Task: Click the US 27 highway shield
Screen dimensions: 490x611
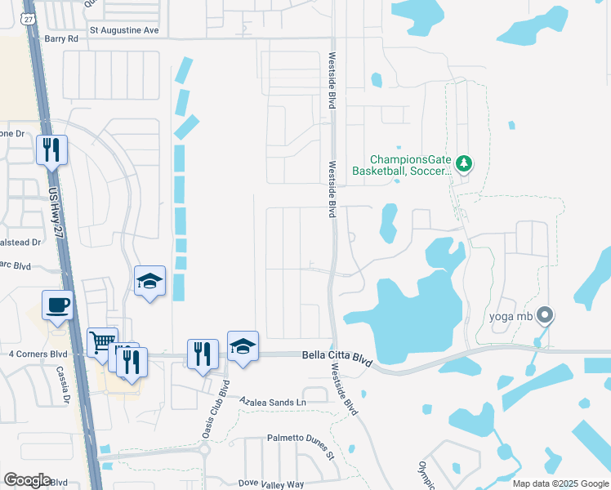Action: pos(29,19)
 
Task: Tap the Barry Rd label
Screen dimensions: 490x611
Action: pos(61,38)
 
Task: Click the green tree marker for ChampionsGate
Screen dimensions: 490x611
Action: pos(464,163)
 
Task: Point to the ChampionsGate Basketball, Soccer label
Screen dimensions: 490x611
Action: pos(401,166)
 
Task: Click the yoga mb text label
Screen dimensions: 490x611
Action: pos(511,316)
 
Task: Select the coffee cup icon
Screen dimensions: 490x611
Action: pos(57,305)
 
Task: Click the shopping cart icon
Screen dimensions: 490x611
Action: pos(102,342)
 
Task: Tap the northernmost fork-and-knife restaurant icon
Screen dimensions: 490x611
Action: pos(51,149)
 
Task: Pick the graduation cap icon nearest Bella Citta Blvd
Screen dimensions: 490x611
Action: pos(243,346)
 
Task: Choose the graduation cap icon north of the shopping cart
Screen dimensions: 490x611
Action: pos(149,281)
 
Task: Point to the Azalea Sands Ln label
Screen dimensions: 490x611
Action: pos(272,402)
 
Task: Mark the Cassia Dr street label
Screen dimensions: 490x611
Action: pos(64,385)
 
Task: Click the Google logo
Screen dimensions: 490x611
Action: pos(27,480)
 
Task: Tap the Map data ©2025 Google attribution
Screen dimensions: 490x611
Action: pos(560,483)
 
